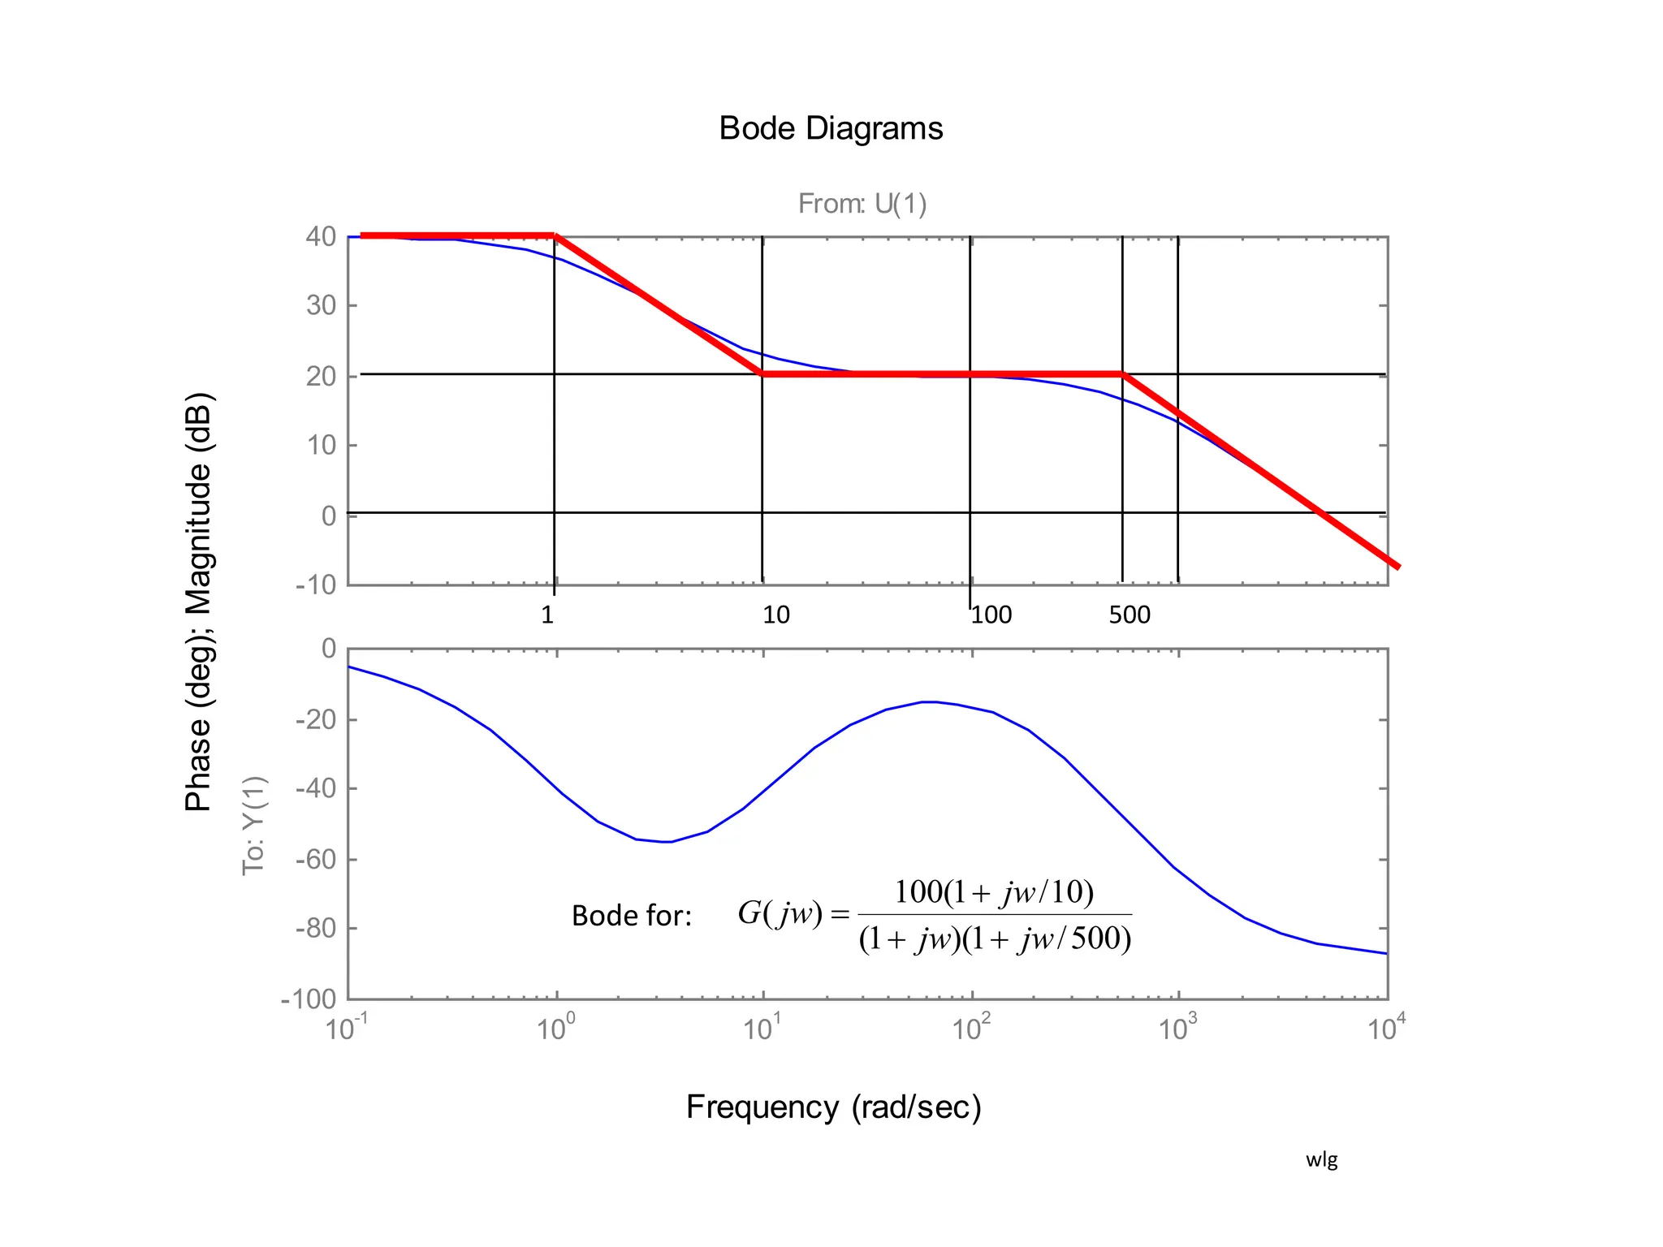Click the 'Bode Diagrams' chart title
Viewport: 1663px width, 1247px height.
[831, 128]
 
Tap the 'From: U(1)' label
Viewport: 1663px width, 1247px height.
[862, 203]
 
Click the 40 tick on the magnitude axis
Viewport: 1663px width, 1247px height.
[321, 237]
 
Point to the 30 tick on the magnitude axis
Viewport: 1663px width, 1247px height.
[321, 306]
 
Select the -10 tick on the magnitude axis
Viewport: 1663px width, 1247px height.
[316, 585]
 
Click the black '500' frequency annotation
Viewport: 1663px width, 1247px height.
[1130, 615]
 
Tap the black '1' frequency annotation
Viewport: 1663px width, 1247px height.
[547, 615]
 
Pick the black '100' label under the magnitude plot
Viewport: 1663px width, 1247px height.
[991, 615]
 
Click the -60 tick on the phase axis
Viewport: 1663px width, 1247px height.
[316, 859]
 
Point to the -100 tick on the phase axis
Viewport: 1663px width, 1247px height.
[309, 999]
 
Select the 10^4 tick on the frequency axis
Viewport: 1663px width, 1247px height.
[1386, 1029]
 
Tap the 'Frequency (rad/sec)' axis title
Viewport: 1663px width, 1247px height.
[834, 1107]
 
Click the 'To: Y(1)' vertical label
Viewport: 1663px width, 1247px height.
[254, 825]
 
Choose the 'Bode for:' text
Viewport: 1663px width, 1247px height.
[632, 916]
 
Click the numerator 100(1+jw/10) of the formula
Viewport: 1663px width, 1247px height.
[994, 892]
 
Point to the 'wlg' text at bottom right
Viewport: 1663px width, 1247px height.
[1321, 1159]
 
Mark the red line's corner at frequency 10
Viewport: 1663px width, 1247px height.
[762, 374]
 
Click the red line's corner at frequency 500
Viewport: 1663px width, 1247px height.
[1122, 374]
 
